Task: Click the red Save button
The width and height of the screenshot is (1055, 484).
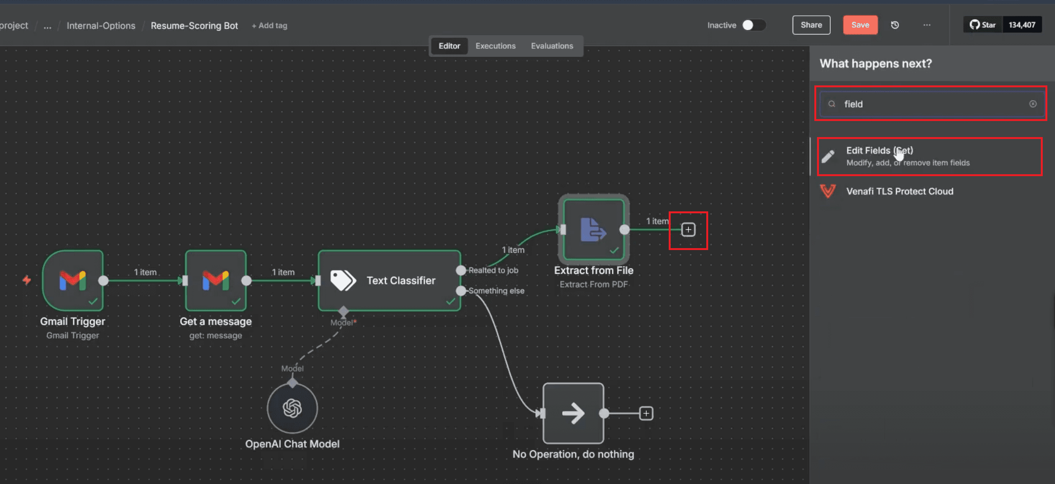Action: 860,25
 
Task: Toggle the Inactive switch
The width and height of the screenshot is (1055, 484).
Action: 753,25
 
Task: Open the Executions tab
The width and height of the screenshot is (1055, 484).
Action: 495,46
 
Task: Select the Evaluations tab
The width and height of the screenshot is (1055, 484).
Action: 552,46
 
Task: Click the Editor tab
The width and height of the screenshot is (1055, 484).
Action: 449,46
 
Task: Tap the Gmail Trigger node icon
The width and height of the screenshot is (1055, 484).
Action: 72,280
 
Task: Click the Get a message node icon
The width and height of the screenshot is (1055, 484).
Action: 215,280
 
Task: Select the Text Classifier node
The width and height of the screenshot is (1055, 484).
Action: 389,280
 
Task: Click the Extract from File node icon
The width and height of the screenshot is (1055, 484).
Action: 594,229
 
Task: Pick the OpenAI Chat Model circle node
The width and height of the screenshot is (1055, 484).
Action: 292,408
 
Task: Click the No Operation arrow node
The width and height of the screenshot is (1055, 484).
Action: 573,413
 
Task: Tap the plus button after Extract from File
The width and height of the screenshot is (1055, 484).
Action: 688,229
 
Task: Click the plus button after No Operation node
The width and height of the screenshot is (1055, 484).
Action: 646,413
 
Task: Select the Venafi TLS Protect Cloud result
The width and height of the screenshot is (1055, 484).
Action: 899,191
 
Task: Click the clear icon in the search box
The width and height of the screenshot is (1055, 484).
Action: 1032,104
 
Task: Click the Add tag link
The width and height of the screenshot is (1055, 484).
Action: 269,25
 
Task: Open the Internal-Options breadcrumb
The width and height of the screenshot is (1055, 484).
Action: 101,25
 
